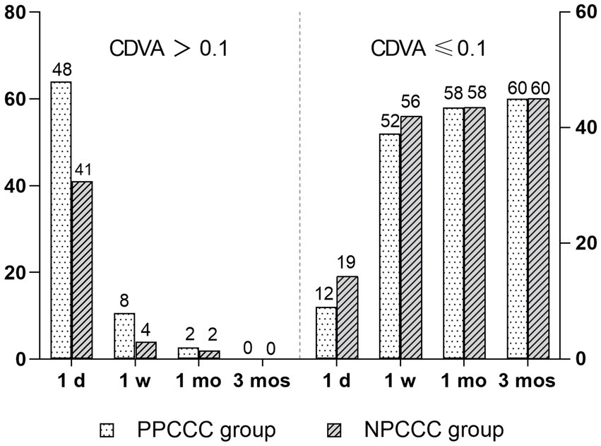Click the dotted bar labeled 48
click(x=61, y=220)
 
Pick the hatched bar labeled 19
click(x=347, y=317)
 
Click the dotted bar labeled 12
click(x=326, y=332)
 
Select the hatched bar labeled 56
click(x=411, y=237)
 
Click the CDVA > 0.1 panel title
click(x=170, y=49)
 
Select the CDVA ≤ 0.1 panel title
click(x=429, y=49)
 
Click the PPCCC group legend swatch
click(x=109, y=430)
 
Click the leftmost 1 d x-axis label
click(x=71, y=381)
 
